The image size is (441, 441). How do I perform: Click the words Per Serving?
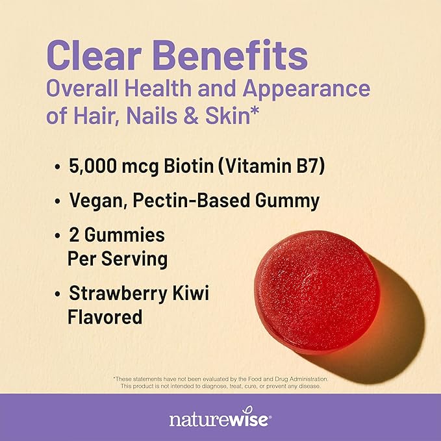pos(117,258)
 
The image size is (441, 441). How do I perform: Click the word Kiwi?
pos(192,294)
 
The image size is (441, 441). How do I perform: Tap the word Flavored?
pos(105,317)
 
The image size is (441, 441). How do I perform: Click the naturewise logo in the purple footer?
pos(220,420)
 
